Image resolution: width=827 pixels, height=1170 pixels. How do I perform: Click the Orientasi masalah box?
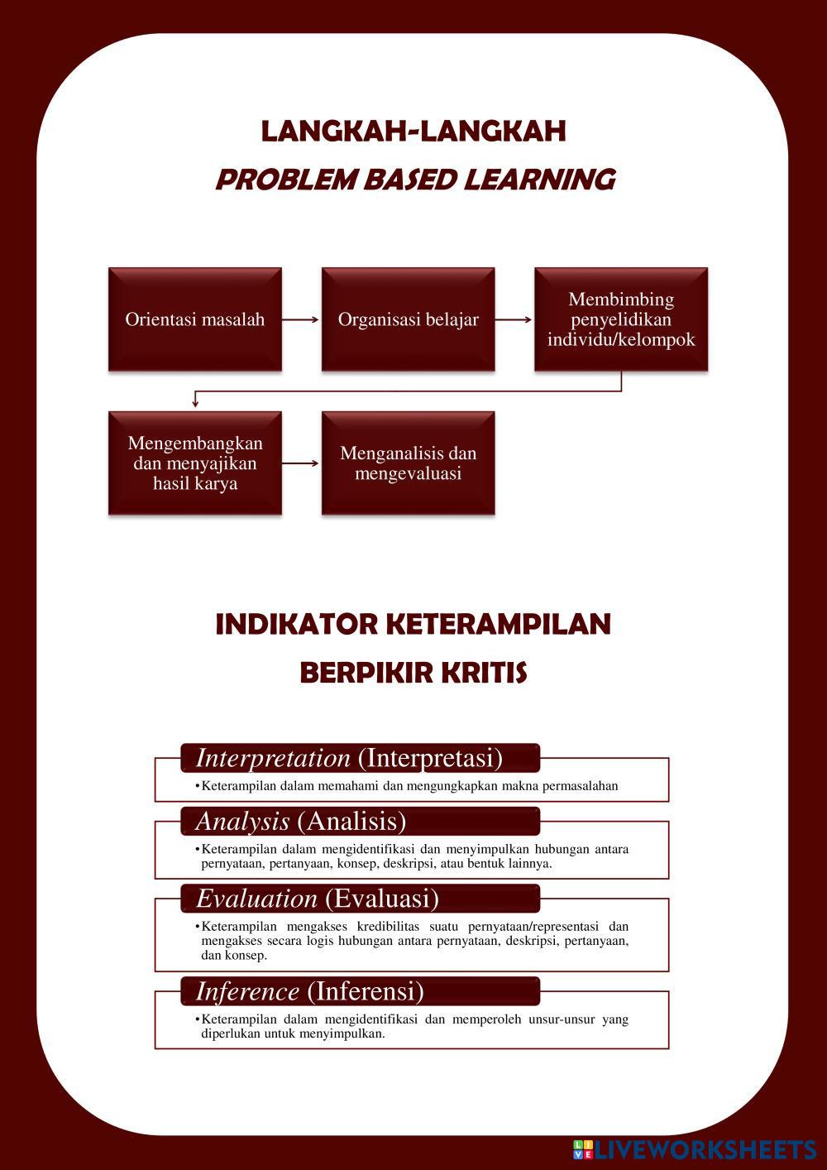(195, 319)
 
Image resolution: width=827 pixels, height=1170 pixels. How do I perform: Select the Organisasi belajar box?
(408, 319)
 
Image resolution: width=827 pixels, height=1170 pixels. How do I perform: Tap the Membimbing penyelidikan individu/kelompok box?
(621, 319)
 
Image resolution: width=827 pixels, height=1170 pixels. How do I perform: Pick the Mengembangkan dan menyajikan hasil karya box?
(195, 463)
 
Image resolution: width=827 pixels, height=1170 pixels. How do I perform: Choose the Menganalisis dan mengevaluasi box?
(408, 463)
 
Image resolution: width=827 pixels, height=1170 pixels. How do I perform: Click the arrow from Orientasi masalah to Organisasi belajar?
(301, 319)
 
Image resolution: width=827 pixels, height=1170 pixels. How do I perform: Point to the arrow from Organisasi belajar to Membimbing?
(514, 319)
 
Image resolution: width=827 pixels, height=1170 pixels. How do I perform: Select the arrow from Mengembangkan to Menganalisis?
(301, 463)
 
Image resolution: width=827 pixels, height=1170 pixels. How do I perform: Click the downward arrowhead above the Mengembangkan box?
(195, 403)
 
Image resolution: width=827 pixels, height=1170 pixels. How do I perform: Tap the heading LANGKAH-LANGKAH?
(413, 132)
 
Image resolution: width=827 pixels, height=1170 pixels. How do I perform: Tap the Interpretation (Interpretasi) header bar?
(360, 758)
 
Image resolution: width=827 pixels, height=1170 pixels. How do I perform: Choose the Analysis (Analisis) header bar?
(360, 821)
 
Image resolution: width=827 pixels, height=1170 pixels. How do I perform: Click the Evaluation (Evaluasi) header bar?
(360, 898)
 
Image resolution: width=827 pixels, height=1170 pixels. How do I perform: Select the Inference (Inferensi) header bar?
(360, 990)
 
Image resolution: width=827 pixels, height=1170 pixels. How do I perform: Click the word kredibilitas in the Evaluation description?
(397, 927)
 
